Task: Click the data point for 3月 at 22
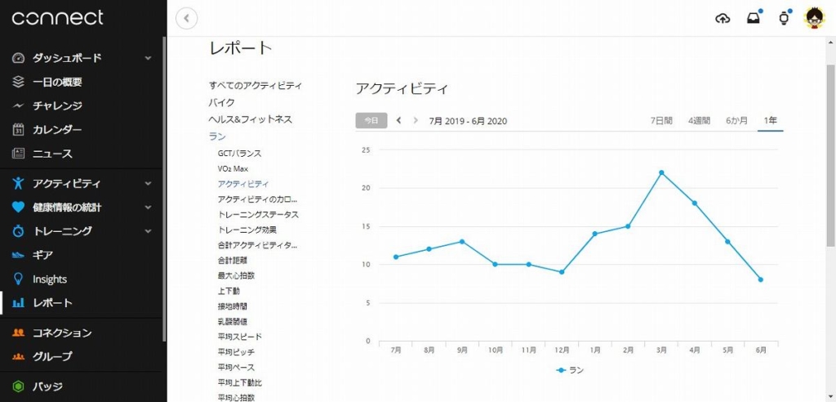[x=661, y=172]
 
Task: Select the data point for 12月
[x=562, y=272]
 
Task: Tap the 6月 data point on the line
[x=761, y=279]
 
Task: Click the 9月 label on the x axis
[x=462, y=350]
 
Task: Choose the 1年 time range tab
[x=770, y=121]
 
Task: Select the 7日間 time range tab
[x=661, y=121]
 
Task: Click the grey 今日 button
[x=371, y=121]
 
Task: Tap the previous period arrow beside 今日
[x=398, y=121]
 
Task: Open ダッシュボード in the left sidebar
[x=67, y=58]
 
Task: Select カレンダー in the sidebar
[x=57, y=129]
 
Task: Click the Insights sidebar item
[x=50, y=279]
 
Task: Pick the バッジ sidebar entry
[x=47, y=386]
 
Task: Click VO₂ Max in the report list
[x=233, y=168]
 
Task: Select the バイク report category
[x=221, y=102]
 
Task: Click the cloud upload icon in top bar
[x=723, y=18]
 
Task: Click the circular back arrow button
[x=187, y=18]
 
